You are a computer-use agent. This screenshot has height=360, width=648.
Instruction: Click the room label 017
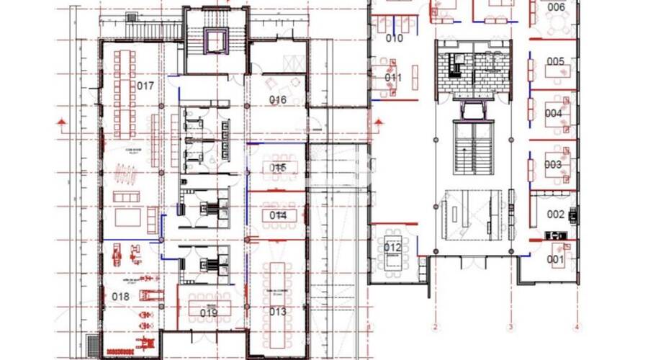pos(145,86)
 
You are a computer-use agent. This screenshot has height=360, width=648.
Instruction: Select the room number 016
pos(278,99)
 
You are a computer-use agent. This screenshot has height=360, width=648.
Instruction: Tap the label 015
pos(278,167)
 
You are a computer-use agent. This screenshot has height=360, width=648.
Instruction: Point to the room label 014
pos(278,215)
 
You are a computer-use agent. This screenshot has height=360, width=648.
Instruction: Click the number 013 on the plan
pos(278,312)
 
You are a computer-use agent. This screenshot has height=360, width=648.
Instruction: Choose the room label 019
pos(209,312)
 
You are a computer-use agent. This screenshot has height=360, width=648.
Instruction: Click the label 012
pos(392,248)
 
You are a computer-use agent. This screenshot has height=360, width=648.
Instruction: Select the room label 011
pos(393,77)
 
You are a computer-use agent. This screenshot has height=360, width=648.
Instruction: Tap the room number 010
pos(395,38)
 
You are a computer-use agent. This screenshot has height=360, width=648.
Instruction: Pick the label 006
pos(556,7)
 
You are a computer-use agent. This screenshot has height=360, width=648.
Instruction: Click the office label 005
pos(555,61)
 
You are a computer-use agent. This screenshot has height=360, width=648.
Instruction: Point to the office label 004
pos(553,113)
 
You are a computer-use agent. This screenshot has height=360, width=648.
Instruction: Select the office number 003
pos(553,164)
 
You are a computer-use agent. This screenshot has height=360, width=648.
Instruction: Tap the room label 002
pos(556,214)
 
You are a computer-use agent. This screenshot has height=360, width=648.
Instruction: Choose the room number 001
pos(555,259)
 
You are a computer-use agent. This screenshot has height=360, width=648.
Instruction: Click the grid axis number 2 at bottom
pos(435,328)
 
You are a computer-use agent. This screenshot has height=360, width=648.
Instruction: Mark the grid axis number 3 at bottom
pos(510,328)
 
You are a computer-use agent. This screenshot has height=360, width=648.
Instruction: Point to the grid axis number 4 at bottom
pos(576,328)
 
